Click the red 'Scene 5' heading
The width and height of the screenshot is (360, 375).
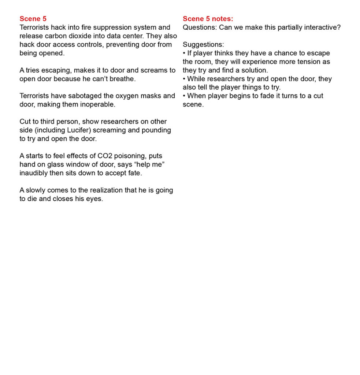click(33, 19)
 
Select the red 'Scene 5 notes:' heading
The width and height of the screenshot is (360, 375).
click(208, 19)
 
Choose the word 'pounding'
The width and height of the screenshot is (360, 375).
click(156, 130)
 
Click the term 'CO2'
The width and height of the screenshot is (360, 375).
click(105, 156)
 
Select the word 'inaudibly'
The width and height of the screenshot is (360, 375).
click(33, 173)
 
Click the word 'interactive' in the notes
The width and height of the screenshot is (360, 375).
click(321, 27)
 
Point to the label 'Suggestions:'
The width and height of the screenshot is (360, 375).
click(203, 45)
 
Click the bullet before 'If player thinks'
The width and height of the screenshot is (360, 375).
click(184, 53)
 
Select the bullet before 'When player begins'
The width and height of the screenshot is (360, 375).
click(184, 96)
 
